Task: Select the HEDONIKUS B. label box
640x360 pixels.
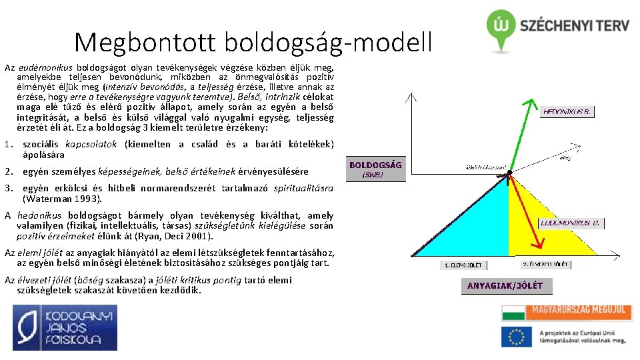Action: tap(567, 112)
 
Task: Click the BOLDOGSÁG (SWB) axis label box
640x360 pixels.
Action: tap(375, 169)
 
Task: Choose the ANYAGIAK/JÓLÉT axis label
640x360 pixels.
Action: tap(504, 286)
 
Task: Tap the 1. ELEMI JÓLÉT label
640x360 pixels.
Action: tap(465, 265)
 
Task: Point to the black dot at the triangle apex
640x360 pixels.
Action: tap(509, 173)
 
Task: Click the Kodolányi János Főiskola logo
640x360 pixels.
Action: tap(65, 327)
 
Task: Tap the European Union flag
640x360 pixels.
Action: tap(516, 337)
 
